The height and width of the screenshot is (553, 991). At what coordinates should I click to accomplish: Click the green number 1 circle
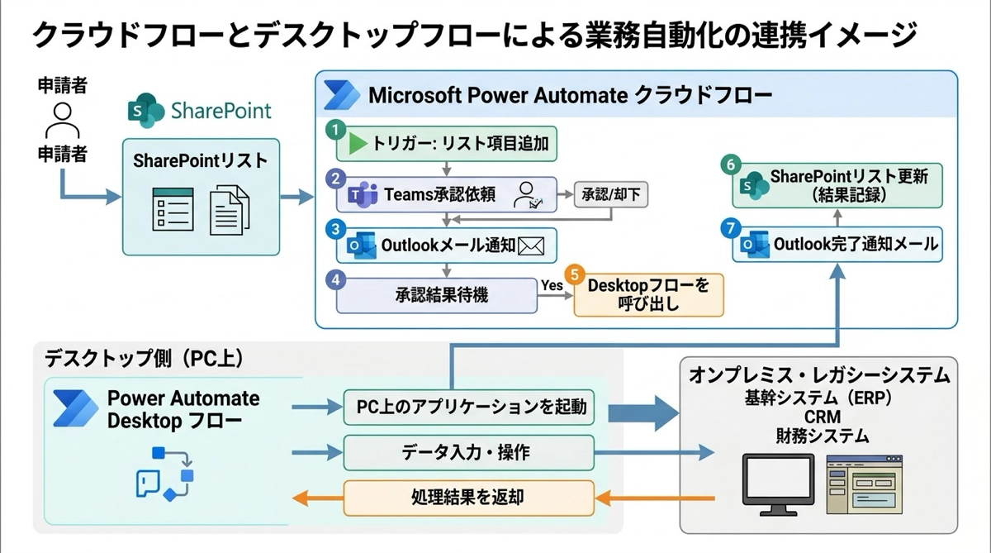tap(334, 130)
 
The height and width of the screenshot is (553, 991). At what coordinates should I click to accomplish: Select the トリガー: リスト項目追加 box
tap(447, 144)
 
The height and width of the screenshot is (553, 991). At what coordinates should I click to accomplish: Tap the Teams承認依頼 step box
tap(447, 196)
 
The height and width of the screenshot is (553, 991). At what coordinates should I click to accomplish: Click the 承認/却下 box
tap(611, 196)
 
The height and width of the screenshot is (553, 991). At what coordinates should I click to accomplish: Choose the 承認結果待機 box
tap(436, 294)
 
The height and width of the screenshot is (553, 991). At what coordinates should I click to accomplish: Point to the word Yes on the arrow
tap(551, 285)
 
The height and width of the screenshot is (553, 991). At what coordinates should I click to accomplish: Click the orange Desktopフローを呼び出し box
tap(648, 294)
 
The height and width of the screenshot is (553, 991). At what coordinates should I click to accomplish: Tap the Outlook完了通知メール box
tap(838, 245)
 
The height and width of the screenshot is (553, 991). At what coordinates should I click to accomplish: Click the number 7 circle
tap(728, 226)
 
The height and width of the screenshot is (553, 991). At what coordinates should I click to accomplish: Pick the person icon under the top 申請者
tap(62, 122)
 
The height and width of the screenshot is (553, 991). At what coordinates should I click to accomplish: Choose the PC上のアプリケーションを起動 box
tap(470, 407)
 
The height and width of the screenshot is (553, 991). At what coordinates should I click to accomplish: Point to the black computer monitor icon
tap(777, 480)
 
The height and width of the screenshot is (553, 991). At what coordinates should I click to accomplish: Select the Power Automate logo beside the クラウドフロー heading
tap(341, 95)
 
